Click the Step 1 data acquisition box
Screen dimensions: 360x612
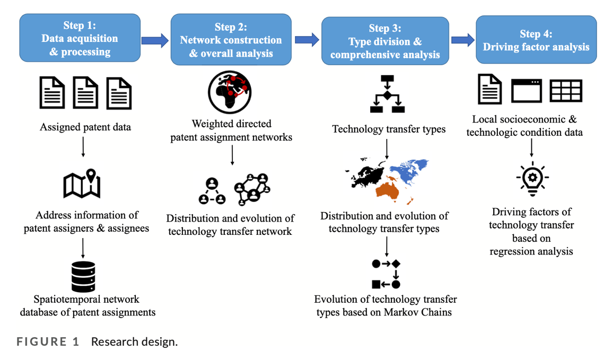pos(80,38)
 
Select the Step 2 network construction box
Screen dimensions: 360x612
pos(231,40)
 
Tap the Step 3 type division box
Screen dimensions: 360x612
pos(385,41)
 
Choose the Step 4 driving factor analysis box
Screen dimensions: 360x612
pos(536,40)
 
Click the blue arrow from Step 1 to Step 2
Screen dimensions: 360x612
pos(155,39)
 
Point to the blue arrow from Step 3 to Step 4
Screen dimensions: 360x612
pos(462,40)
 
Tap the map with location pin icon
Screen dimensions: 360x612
pos(82,183)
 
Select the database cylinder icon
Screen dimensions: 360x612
pos(83,276)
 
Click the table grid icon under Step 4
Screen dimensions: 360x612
pos(566,91)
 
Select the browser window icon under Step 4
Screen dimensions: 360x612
pos(526,91)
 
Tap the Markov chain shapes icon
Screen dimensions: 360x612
pos(386,274)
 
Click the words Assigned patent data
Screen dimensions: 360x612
pos(85,127)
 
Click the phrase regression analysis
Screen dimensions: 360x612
pos(531,251)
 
